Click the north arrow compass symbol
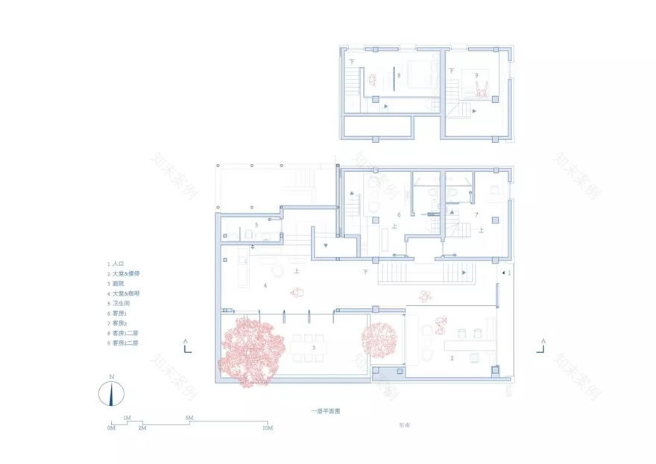click(x=111, y=392)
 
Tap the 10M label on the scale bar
click(x=267, y=428)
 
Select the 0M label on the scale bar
click(x=111, y=428)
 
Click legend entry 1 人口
click(x=117, y=264)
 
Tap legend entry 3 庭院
click(x=119, y=284)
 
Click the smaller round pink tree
click(x=381, y=339)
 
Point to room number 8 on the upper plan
click(x=400, y=75)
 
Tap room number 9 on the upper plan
click(x=476, y=74)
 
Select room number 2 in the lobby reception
click(x=452, y=358)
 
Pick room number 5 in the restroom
click(x=256, y=223)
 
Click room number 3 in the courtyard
click(x=314, y=348)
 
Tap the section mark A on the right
click(x=545, y=340)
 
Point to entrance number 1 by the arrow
click(x=509, y=273)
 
